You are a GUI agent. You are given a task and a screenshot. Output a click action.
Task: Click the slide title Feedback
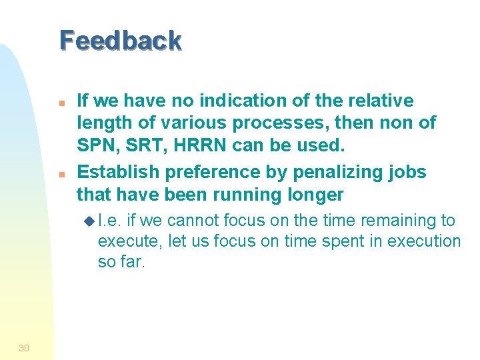(120, 41)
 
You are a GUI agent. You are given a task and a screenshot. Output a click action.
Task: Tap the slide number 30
(24, 348)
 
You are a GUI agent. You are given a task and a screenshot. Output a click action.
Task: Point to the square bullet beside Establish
(60, 173)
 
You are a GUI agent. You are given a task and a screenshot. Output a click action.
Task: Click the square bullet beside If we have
(60, 103)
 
